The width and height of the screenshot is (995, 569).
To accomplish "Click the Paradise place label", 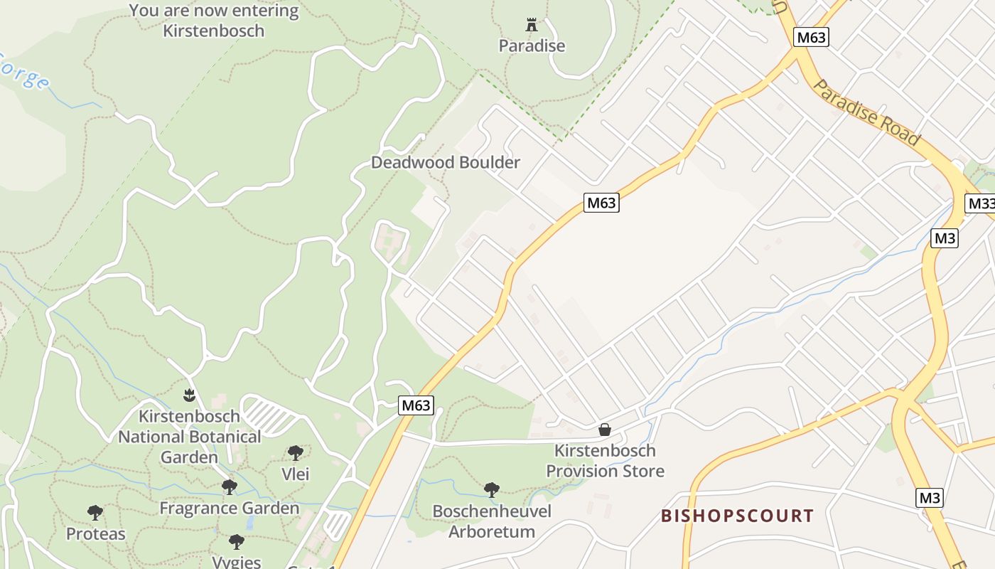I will coord(532,46).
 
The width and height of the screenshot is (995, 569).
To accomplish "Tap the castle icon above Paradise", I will coord(532,25).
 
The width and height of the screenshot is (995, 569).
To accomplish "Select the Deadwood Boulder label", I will coord(446,162).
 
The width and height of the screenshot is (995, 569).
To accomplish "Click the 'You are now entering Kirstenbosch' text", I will coord(214,21).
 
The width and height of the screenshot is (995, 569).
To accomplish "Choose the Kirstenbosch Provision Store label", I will coord(605,460).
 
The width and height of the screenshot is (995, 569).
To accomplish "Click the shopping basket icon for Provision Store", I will coord(605,430).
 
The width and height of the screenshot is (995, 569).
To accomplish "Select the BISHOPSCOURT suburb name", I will coord(737,516).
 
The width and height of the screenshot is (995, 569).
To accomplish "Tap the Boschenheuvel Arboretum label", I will coord(492,521).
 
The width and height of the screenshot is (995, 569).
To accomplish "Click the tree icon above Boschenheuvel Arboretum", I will coord(491,489).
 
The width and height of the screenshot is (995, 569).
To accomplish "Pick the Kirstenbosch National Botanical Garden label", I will coord(189,436).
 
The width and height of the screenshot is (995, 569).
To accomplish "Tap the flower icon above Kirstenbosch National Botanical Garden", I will coord(189,394).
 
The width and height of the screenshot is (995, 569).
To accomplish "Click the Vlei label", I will coord(295,474).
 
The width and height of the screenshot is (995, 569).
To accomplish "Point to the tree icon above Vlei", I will coord(295,453).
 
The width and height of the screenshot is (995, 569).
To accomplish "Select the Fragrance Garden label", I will coord(229,508).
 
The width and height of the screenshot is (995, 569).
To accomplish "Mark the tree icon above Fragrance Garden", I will coord(229,487).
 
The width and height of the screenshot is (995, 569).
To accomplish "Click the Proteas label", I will coord(95,533).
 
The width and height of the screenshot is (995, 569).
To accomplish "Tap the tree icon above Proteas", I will coord(95,513).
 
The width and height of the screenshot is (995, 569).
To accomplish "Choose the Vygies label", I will coord(237,561).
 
